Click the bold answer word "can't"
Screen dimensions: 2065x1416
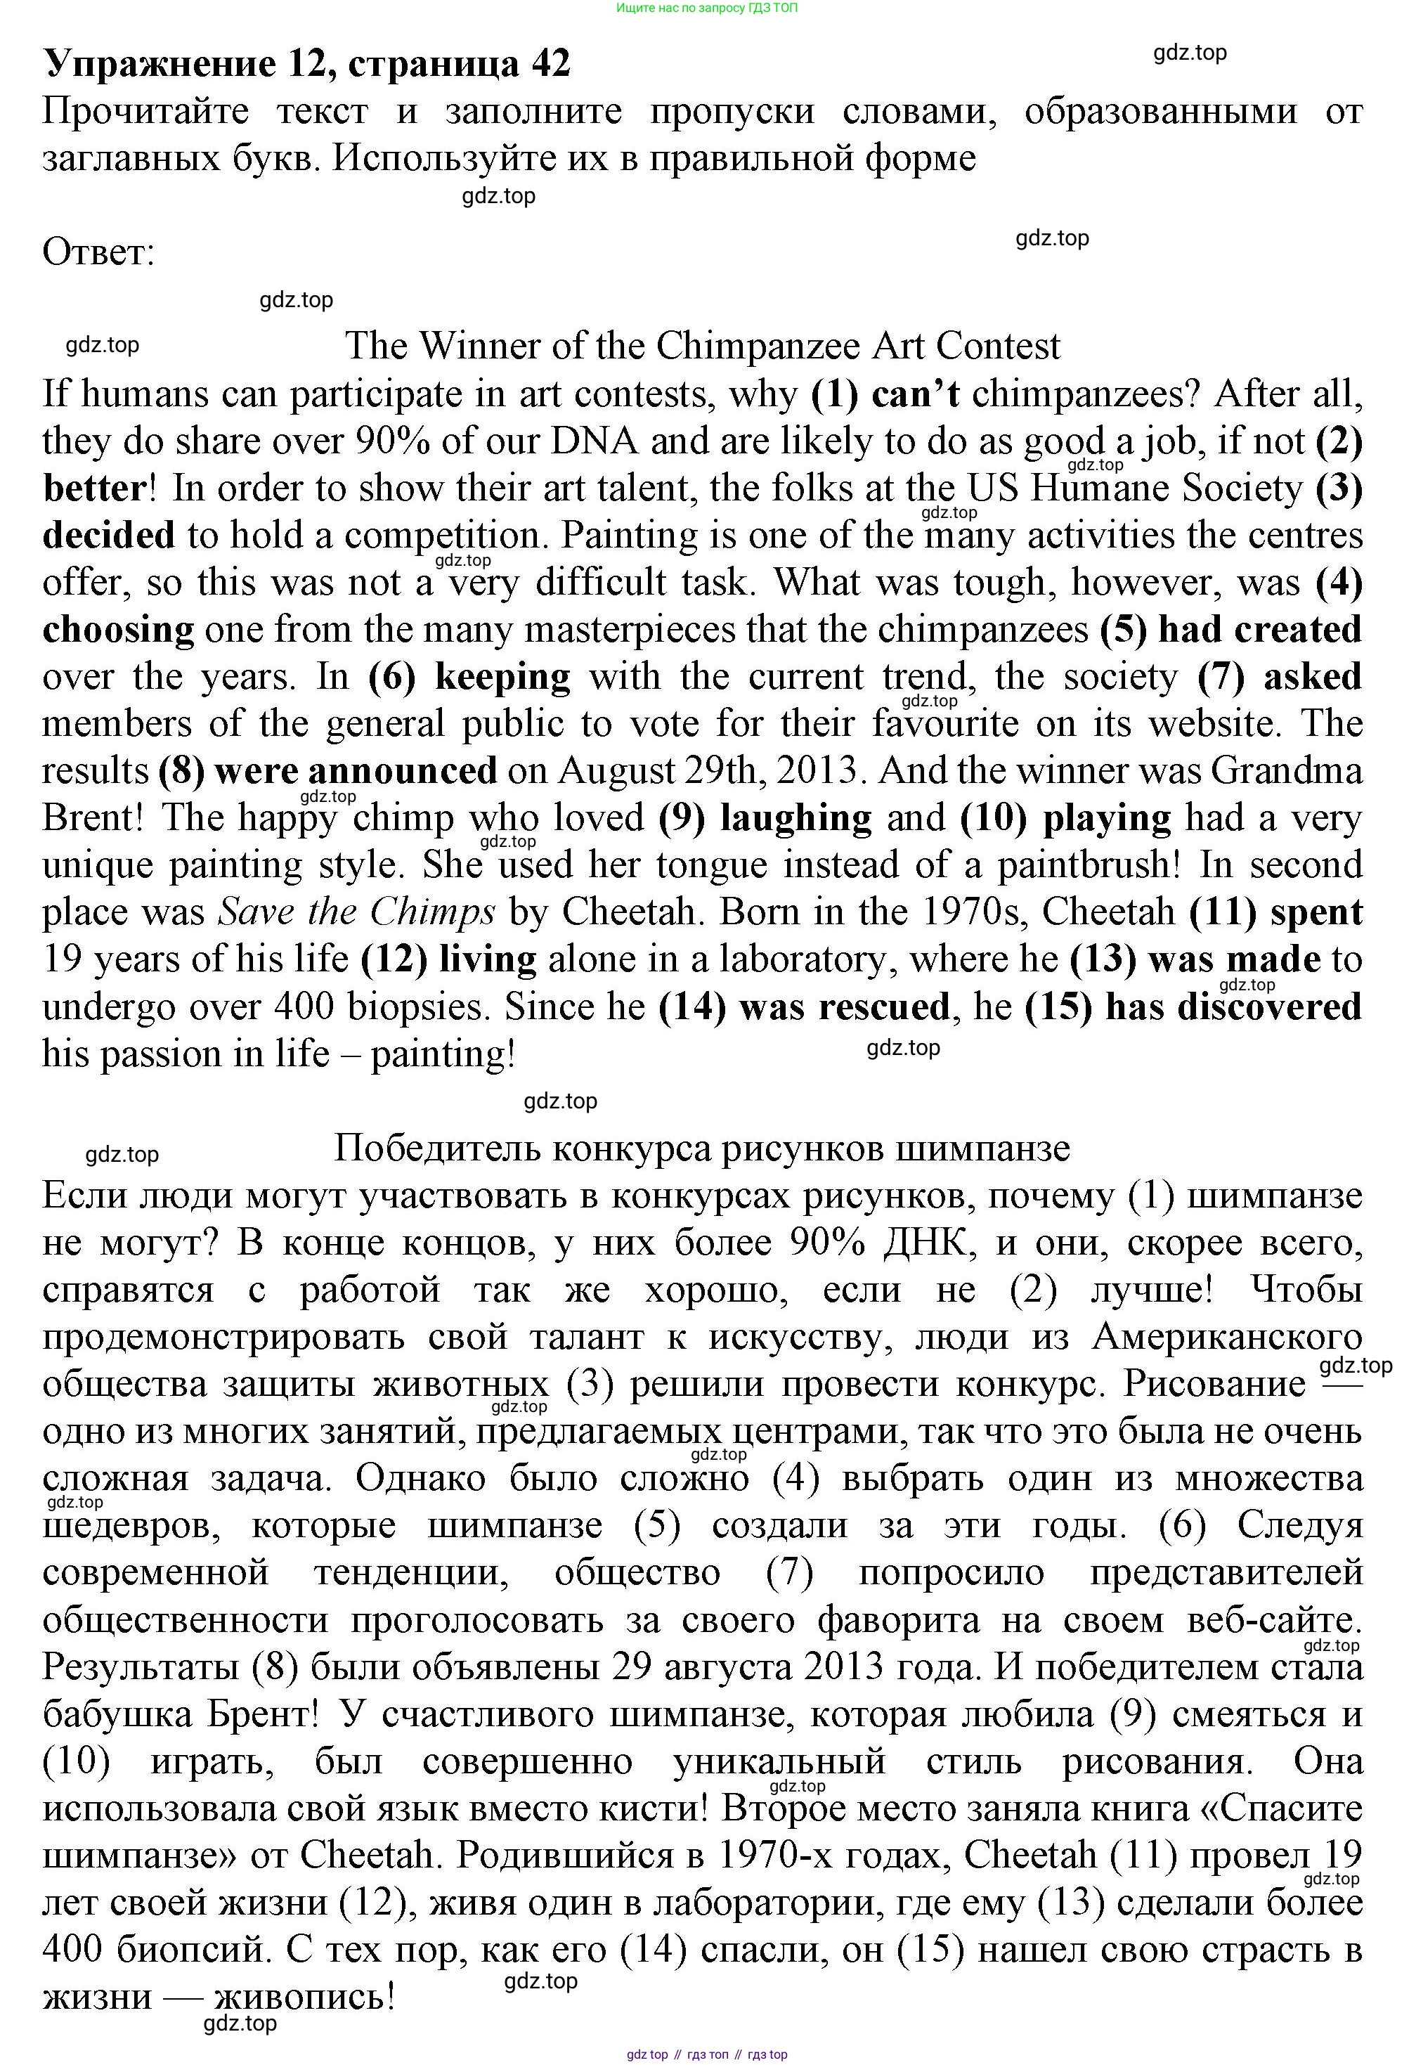click(915, 394)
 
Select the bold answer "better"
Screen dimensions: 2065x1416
click(94, 488)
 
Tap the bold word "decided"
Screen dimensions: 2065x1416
click(108, 536)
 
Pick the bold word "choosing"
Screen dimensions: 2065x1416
click(118, 630)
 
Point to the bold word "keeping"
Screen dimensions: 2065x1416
click(502, 677)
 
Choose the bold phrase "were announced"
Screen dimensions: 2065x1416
click(356, 771)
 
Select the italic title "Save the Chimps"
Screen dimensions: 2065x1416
click(357, 912)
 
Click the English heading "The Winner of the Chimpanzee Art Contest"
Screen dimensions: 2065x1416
click(702, 346)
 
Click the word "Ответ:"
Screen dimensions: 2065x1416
click(98, 252)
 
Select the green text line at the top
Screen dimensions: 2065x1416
click(707, 8)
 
